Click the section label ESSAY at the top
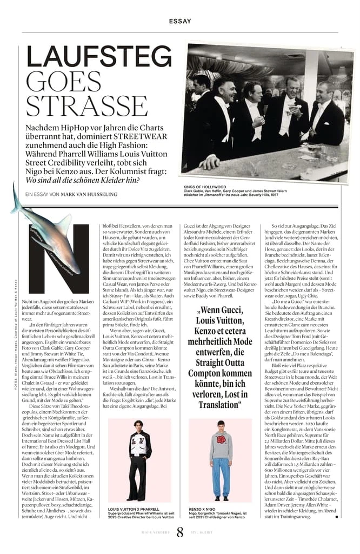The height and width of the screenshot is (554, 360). click(179, 21)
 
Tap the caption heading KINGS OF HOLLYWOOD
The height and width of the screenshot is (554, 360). click(205, 187)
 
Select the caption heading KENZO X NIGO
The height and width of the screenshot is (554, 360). click(203, 509)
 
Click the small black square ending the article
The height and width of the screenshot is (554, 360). click(337, 517)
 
